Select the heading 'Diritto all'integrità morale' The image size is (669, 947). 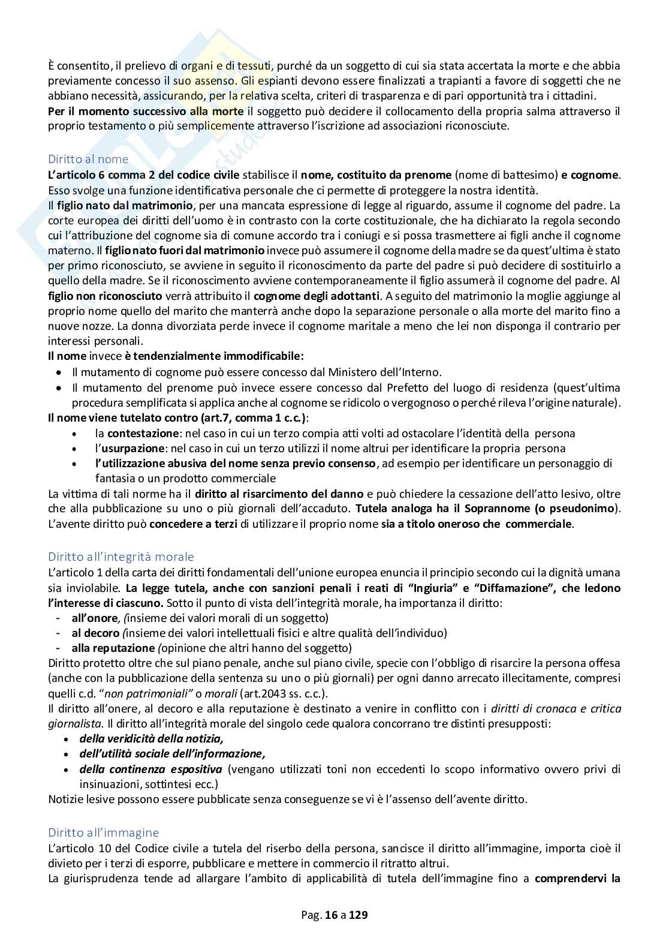coord(120,557)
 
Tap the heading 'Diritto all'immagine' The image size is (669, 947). coord(103,832)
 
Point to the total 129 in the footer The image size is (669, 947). coord(358,915)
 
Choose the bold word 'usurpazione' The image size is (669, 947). coord(135,448)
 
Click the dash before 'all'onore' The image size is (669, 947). coord(58,618)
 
